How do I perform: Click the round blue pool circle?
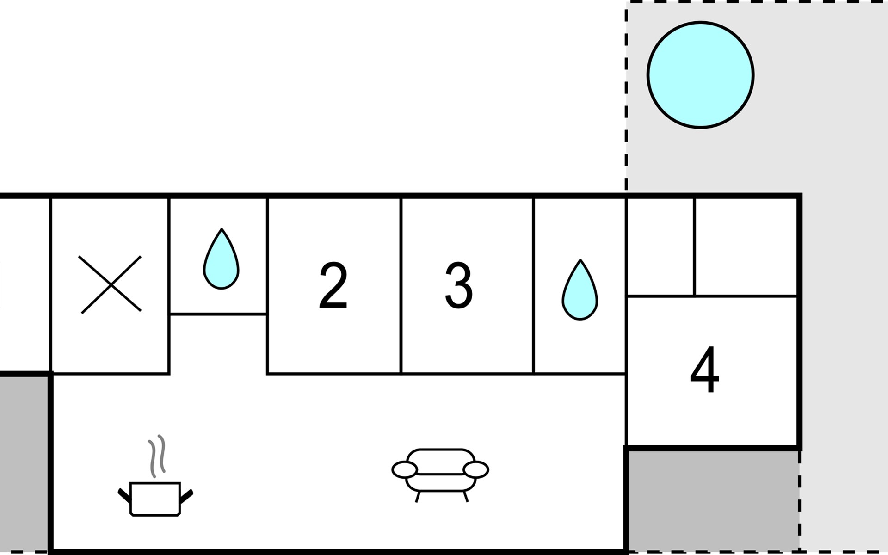tap(700, 74)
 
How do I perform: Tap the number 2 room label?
tap(333, 285)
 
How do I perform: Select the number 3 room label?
tap(458, 285)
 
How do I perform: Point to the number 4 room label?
tap(704, 369)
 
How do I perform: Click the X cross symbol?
tap(110, 284)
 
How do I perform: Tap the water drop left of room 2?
tap(222, 259)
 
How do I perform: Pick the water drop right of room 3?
tap(580, 290)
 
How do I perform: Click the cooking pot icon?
tap(155, 499)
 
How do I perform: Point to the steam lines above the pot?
tap(157, 456)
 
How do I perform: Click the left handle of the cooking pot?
tap(124, 495)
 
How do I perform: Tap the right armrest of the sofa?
tap(475, 470)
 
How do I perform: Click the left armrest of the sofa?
tap(405, 470)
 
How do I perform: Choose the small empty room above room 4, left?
tap(660, 247)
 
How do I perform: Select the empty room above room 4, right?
tap(746, 247)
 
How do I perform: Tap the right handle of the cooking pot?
tap(186, 495)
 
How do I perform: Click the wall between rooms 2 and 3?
tap(401, 285)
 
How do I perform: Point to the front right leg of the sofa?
tap(465, 496)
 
